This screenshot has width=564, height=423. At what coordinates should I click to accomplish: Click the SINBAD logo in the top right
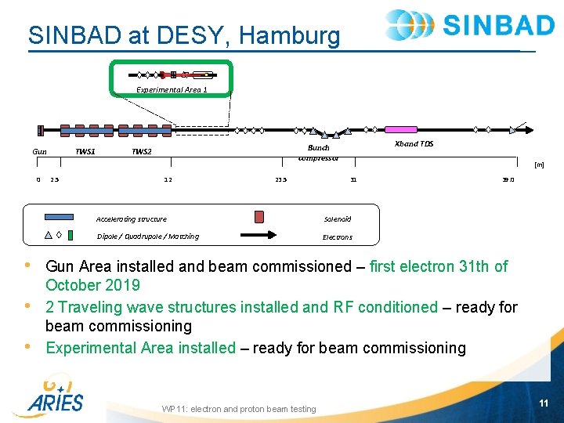tap(470, 25)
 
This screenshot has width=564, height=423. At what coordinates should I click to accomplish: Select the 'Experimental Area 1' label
tap(172, 89)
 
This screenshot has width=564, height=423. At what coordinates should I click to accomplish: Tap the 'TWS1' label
tap(85, 150)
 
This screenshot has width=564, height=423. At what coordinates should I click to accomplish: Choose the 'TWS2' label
tap(142, 151)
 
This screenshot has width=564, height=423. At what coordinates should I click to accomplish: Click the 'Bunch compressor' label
tap(318, 152)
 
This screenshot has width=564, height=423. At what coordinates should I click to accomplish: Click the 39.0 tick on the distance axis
tap(507, 179)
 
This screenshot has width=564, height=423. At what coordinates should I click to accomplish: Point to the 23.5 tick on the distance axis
tap(281, 179)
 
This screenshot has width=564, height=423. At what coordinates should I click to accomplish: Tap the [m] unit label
tap(538, 164)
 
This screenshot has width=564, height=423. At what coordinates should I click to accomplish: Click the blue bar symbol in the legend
tap(60, 217)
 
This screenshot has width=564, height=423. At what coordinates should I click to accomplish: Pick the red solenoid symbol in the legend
tap(259, 217)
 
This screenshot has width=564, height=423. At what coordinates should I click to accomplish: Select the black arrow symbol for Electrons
tap(262, 234)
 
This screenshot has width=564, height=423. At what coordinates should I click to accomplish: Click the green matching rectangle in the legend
tap(70, 234)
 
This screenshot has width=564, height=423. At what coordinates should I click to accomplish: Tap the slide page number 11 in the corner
tap(544, 403)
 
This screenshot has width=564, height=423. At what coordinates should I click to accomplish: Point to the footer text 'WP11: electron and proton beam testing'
tap(239, 409)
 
